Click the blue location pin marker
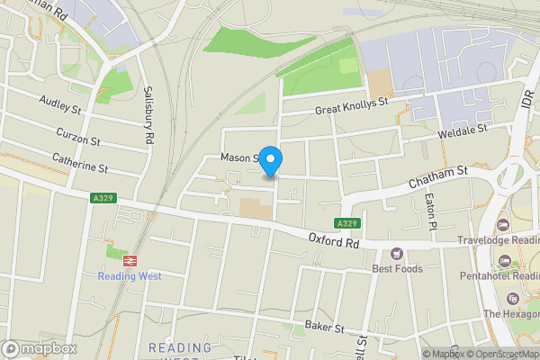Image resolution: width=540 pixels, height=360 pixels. (x=271, y=160)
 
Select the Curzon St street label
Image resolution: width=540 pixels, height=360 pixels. (x=76, y=136)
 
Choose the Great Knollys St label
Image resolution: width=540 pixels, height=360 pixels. (x=351, y=108)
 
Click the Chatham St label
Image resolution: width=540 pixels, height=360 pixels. (x=438, y=176)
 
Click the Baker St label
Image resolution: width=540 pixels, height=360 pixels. (x=325, y=326)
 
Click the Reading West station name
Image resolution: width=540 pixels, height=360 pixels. (x=130, y=276)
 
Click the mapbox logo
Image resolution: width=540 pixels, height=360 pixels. (x=40, y=348)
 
